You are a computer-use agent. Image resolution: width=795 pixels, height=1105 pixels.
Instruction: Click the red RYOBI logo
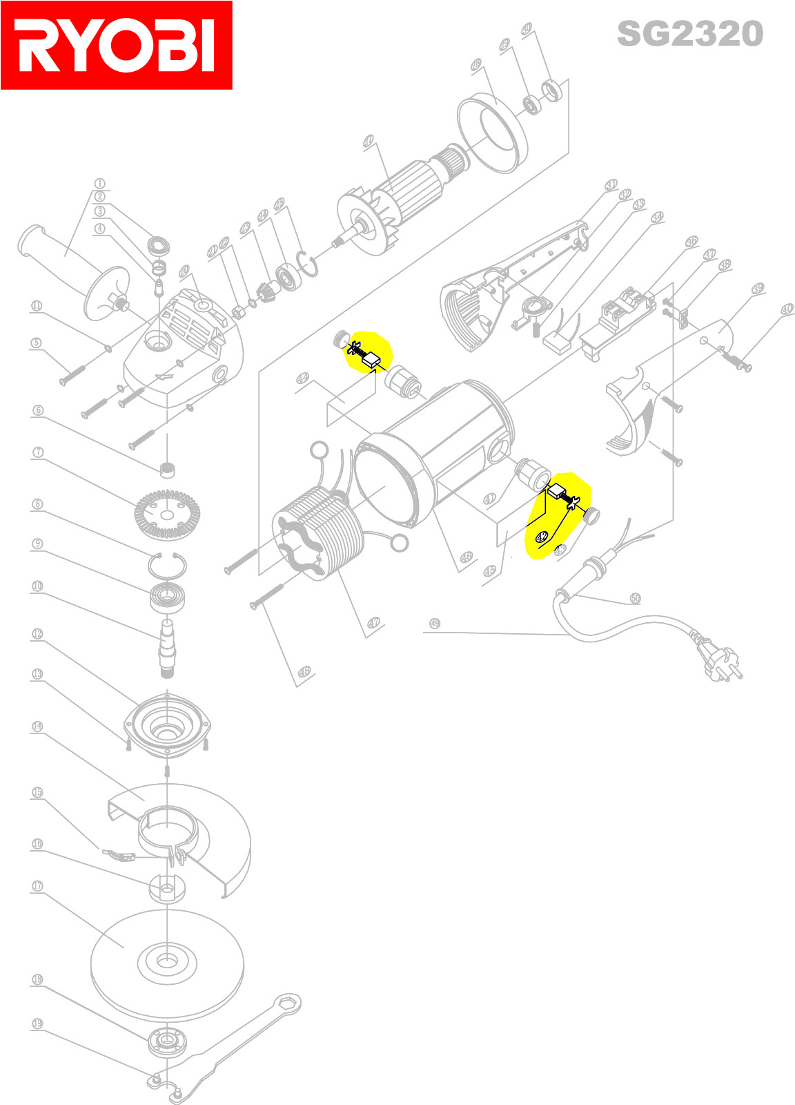pyautogui.click(x=116, y=46)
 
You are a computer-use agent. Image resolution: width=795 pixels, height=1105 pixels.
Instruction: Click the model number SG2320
pyautogui.click(x=689, y=34)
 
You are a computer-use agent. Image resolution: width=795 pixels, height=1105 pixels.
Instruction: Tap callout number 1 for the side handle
pyautogui.click(x=99, y=184)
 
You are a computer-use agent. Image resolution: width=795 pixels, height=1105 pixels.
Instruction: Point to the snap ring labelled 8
pyautogui.click(x=167, y=566)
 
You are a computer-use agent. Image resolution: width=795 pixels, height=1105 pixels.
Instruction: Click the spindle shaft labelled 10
pyautogui.click(x=168, y=645)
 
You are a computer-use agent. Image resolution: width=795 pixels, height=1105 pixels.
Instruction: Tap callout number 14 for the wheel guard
pyautogui.click(x=37, y=727)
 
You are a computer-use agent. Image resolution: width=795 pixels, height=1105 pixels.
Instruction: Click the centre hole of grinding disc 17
pyautogui.click(x=166, y=960)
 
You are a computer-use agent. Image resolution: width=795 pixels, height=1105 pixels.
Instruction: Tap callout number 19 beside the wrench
pyautogui.click(x=37, y=1024)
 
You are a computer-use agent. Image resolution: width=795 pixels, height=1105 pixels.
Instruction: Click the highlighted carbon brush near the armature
pyautogui.click(x=371, y=358)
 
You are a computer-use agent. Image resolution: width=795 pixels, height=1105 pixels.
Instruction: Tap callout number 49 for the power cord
pyautogui.click(x=434, y=623)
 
